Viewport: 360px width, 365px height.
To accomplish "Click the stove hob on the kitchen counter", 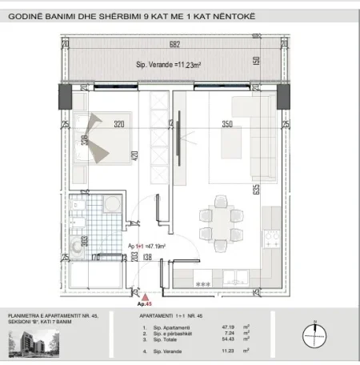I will (x=270, y=238).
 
